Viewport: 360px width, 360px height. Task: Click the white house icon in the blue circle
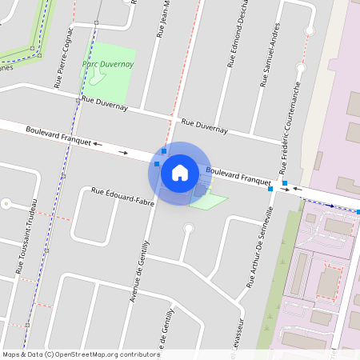pos(180,172)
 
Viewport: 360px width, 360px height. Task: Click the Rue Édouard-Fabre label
pos(122,195)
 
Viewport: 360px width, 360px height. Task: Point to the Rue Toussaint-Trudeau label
pos(26,232)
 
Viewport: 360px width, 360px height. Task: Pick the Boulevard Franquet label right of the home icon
pos(239,176)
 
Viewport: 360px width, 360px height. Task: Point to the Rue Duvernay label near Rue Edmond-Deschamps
pos(205,126)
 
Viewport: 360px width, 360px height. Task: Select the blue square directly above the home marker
pos(164,150)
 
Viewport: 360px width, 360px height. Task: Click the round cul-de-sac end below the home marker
pos(189,230)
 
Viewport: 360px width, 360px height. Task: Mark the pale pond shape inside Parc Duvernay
pos(97,74)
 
